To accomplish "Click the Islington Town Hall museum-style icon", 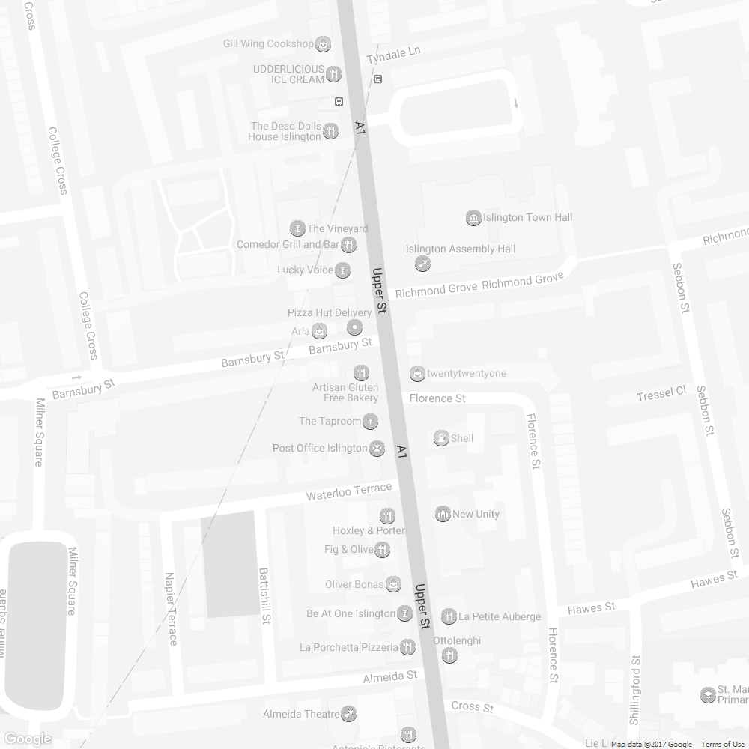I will click(473, 218).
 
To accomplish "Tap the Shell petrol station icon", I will click(442, 438).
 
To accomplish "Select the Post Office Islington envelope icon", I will click(377, 449).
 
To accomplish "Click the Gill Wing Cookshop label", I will click(267, 44).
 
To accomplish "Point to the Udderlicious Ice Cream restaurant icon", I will click(334, 73).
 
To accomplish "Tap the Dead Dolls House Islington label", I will click(285, 132).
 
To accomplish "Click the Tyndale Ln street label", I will click(394, 55).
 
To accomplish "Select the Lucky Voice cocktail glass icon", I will click(343, 270).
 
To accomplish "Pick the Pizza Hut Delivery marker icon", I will click(354, 327).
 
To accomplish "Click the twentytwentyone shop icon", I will click(417, 373).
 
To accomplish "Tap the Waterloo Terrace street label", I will click(349, 492).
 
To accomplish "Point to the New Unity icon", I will click(443, 514).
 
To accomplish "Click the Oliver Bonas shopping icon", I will click(393, 584).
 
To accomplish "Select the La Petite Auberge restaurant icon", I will click(449, 616).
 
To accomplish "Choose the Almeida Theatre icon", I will click(348, 714).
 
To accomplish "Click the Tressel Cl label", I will click(661, 393).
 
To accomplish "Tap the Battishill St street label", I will click(264, 595).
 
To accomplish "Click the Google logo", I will click(27, 739).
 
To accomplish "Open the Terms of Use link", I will click(723, 744).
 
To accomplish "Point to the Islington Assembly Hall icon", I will click(422, 264).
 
